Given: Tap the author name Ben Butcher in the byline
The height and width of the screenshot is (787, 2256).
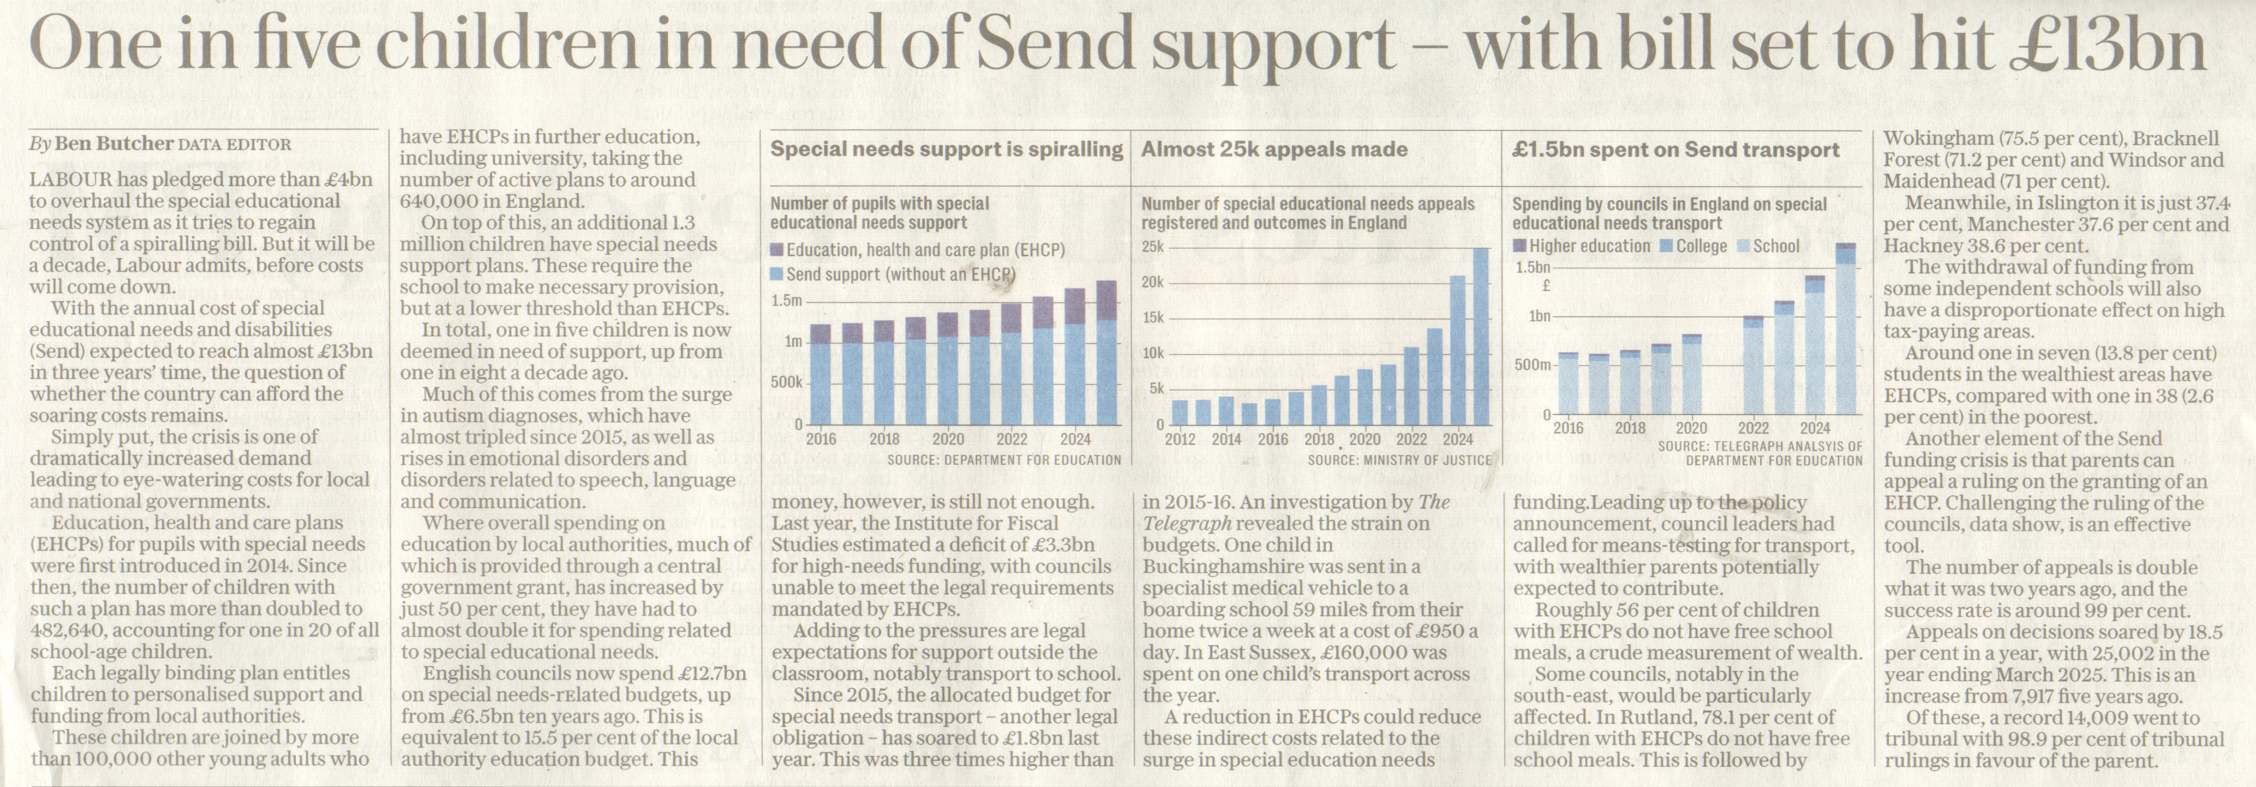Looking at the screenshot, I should (x=114, y=143).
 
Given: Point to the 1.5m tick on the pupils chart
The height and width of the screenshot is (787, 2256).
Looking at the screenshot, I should (x=786, y=301).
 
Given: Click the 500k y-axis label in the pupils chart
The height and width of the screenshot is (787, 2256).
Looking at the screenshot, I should (x=786, y=382).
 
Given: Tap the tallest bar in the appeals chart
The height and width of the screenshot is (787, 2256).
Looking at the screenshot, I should (x=1481, y=336).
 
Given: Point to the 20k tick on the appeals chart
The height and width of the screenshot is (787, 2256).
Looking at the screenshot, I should (x=1152, y=282).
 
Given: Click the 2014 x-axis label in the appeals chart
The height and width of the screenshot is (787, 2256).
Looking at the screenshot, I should (x=1226, y=440).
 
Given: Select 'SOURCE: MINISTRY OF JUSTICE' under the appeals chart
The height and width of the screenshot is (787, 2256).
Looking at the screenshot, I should (x=1399, y=460).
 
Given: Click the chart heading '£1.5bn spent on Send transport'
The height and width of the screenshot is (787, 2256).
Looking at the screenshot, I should (x=1675, y=149).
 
